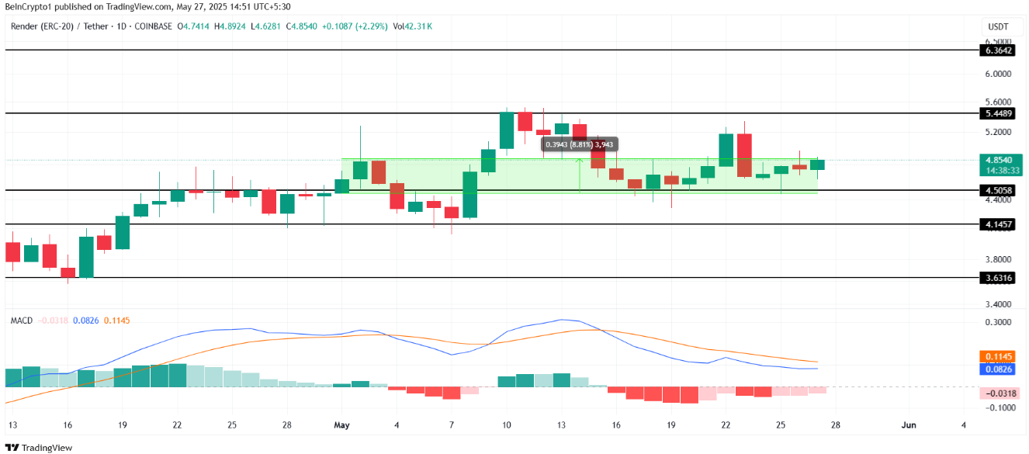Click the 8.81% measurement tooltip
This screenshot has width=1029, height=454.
(x=580, y=144)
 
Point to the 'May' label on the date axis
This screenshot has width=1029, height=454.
(x=342, y=425)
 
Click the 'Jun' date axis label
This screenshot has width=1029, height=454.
(x=909, y=425)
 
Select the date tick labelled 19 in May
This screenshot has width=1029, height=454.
(x=670, y=425)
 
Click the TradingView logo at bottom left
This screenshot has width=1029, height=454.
(x=39, y=448)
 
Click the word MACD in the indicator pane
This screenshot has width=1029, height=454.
(x=22, y=320)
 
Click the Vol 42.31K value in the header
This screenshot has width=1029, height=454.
(x=412, y=26)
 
